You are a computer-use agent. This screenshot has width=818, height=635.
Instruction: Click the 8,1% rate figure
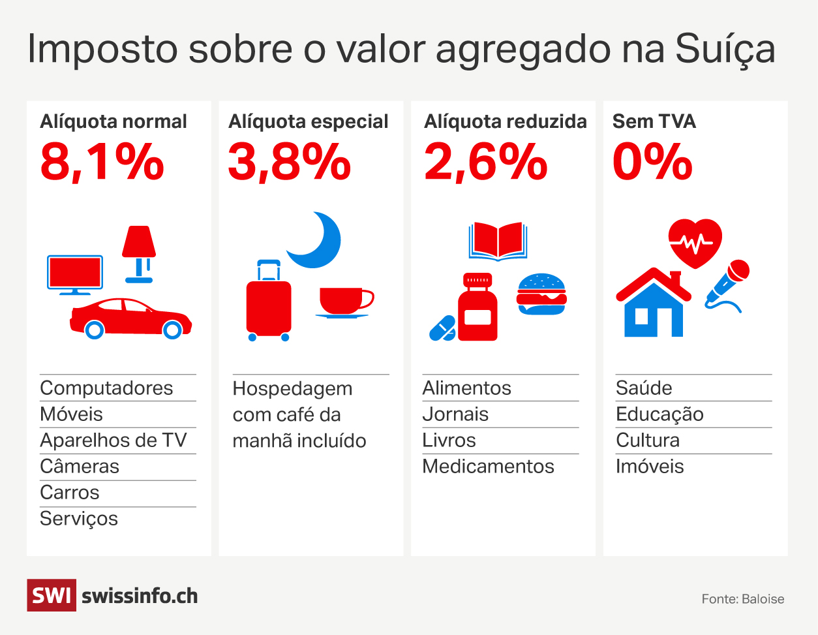point(102,162)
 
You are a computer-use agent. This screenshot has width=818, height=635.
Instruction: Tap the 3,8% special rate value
point(289,162)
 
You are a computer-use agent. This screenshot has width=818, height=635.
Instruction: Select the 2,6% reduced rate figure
point(485,162)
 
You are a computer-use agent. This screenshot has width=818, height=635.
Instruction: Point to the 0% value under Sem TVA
point(652,162)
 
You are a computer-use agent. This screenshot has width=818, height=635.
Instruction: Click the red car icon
point(130,318)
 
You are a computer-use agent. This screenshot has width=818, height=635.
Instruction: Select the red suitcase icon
point(268,303)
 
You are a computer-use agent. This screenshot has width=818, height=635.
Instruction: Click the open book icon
point(498,241)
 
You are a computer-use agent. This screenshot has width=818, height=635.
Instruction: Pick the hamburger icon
point(541,294)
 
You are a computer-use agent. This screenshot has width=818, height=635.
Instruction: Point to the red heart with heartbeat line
point(695,242)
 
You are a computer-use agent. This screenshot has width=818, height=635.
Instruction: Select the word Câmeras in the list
point(80,467)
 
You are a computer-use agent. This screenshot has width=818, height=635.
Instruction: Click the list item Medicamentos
point(488,467)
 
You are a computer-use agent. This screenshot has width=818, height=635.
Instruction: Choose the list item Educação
point(659,414)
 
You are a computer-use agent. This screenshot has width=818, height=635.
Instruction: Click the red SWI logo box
point(51,595)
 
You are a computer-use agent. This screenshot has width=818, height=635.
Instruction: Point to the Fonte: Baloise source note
point(742,599)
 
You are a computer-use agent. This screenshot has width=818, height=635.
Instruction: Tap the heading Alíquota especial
point(308,121)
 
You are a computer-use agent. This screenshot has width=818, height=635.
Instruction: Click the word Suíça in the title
point(725,50)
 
